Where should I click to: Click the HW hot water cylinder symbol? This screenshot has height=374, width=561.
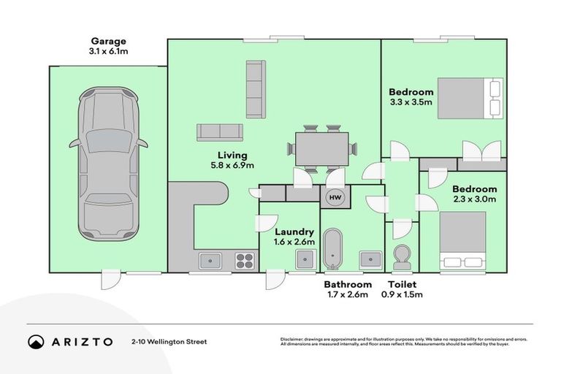click(335, 197)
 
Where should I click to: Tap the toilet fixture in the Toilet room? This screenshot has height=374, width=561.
click(402, 257)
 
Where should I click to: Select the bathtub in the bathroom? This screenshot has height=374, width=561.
click(333, 249)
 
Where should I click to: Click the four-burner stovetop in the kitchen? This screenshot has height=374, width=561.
click(245, 261)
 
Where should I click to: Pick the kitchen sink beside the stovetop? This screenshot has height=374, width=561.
click(210, 261)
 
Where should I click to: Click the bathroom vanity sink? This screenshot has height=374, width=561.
click(371, 259)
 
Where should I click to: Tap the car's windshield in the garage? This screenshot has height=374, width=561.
click(108, 141)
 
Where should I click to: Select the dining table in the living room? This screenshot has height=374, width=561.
click(321, 149)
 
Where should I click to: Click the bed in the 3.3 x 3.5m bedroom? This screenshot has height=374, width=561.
click(470, 98)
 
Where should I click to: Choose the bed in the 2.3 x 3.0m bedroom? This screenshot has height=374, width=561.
click(462, 240)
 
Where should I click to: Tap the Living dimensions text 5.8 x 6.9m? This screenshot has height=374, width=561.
click(232, 165)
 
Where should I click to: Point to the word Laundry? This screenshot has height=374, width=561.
click(294, 232)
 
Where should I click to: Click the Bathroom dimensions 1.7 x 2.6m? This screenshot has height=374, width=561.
click(348, 294)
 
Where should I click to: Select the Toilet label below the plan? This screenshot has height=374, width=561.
click(402, 285)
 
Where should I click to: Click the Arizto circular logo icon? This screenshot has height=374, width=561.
click(36, 342)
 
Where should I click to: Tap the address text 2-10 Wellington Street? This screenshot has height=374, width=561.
click(169, 342)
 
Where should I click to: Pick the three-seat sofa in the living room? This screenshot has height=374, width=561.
click(256, 89)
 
